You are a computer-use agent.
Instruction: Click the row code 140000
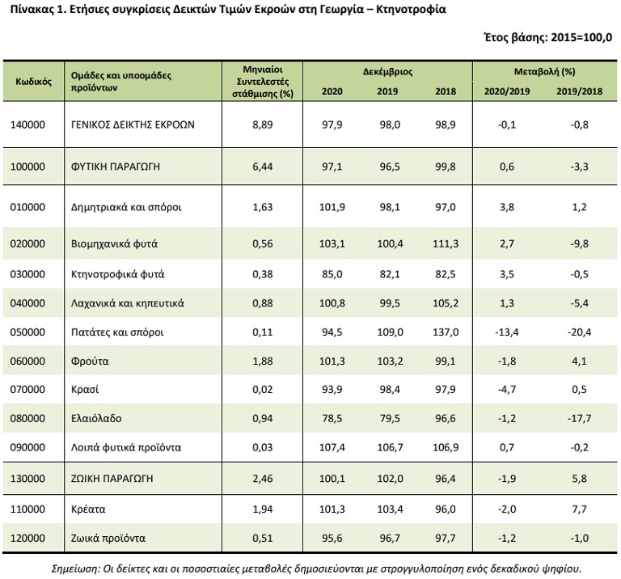tap(27, 125)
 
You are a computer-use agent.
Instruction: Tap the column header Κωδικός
tap(33, 82)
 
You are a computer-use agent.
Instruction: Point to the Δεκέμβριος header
tap(387, 72)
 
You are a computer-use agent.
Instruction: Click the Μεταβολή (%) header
tap(544, 72)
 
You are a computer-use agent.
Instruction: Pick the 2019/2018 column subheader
tap(579, 91)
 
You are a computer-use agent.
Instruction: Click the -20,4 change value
tap(580, 332)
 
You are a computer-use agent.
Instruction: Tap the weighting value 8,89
tap(262, 125)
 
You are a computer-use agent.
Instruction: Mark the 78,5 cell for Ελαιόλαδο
tap(332, 418)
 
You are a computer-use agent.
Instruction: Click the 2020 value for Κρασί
tap(332, 389)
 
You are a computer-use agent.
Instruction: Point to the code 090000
tap(27, 447)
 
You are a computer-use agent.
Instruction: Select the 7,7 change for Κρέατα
tap(580, 509)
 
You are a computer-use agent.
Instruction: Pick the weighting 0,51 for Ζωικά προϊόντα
tap(262, 538)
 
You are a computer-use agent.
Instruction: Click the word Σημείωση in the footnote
tap(65, 567)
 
